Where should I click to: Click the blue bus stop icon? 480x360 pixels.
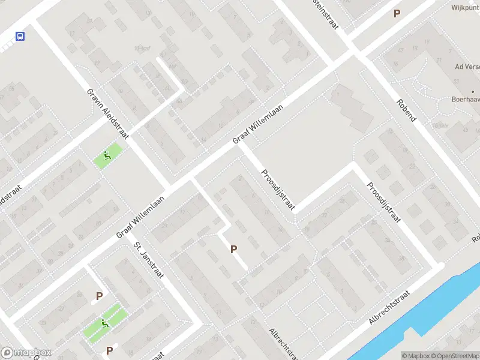[x=20, y=36]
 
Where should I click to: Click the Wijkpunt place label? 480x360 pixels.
[x=466, y=8]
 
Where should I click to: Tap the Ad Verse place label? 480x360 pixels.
[x=467, y=67]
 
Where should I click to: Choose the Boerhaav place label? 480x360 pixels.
[x=466, y=100]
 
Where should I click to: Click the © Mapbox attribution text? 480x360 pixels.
[x=416, y=355]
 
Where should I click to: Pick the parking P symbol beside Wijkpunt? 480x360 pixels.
[x=396, y=13]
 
